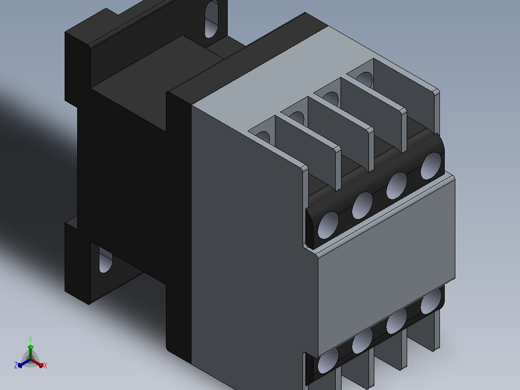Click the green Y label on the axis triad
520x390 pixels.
(30, 339)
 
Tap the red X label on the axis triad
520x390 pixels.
(45, 365)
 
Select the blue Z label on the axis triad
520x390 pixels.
(16, 365)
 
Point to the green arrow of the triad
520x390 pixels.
(30, 352)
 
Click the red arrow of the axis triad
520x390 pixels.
(37, 363)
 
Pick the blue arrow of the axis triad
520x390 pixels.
(24, 363)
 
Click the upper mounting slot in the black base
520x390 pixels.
(212, 19)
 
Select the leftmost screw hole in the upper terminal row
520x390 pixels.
(328, 225)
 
